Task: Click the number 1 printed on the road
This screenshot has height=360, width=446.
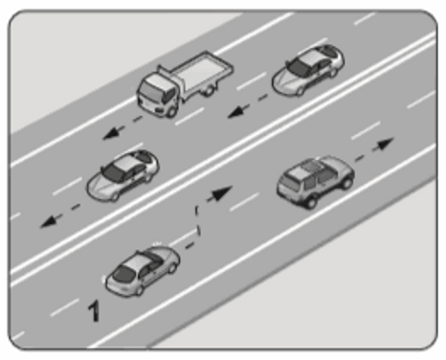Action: coord(94,311)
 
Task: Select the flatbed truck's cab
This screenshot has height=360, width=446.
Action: coord(157,93)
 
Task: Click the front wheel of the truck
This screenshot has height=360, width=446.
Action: coord(171,111)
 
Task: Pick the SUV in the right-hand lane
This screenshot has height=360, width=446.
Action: coord(316,181)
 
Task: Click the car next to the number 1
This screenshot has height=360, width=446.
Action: coord(143,270)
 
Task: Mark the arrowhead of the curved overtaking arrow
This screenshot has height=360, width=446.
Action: coord(221,193)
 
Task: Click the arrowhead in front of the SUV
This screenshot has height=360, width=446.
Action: coord(385,145)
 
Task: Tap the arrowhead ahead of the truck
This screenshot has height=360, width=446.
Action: coord(111,133)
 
